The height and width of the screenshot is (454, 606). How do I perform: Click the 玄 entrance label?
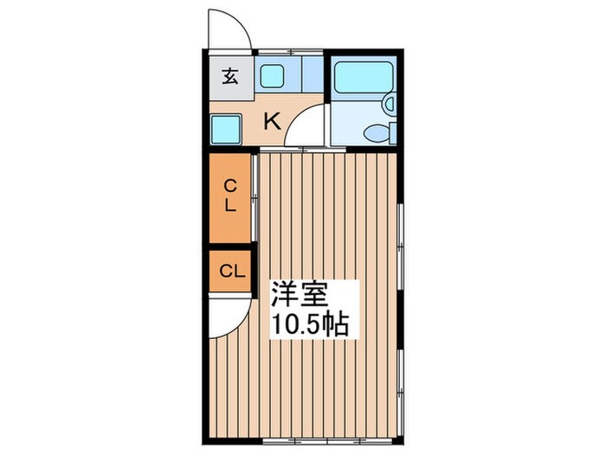pyautogui.click(x=229, y=75)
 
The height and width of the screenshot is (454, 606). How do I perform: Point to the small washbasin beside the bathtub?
pyautogui.click(x=389, y=105)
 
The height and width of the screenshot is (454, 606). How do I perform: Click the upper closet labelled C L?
pyautogui.click(x=229, y=196)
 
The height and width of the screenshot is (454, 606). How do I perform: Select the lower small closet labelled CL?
pyautogui.click(x=229, y=271)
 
